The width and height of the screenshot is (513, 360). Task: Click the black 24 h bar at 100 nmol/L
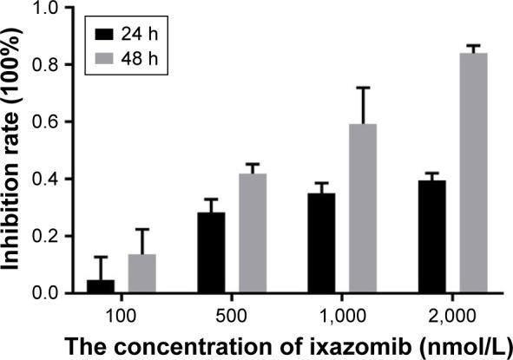click(x=101, y=286)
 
